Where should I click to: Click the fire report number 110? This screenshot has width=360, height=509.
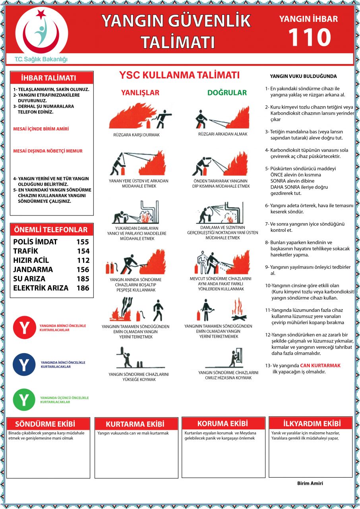[x=309, y=37]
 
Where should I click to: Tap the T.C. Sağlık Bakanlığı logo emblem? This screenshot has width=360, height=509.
[x=41, y=32]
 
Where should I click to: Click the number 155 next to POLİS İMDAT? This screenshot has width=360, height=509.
[x=83, y=242]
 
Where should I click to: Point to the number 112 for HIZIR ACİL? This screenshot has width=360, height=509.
[x=83, y=260]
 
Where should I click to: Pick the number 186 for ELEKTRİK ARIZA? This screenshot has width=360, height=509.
[x=83, y=288]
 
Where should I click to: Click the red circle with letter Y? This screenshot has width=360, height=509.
[x=24, y=328]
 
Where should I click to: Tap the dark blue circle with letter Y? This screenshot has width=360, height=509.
[x=24, y=364]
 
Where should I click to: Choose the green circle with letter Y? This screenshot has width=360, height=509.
[x=24, y=400]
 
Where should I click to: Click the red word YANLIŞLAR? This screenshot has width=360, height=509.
[x=140, y=93]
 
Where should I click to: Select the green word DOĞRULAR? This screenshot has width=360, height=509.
[x=227, y=93]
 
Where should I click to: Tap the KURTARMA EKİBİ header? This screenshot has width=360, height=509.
[x=135, y=424]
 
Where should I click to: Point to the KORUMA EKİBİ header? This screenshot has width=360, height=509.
[x=223, y=423]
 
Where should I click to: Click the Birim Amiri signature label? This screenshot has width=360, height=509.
[x=310, y=483]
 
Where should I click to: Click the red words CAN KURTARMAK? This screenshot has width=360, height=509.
[x=320, y=365]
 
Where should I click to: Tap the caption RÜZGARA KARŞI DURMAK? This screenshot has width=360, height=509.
[x=136, y=135]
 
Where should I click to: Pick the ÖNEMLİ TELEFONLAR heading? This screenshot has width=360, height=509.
[x=51, y=230]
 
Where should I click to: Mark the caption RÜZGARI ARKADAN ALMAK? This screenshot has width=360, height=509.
[x=223, y=134]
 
